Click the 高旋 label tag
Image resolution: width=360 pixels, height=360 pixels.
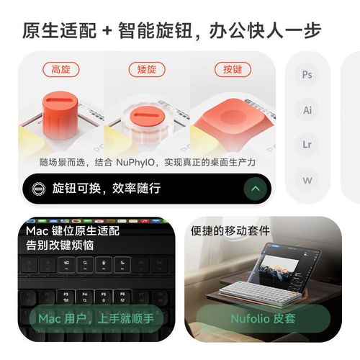[60, 69]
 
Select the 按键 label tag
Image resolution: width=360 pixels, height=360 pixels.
[232, 69]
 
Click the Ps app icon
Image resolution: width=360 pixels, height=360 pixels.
[307, 75]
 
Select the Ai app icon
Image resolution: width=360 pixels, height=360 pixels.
[307, 110]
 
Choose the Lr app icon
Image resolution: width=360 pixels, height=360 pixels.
[307, 145]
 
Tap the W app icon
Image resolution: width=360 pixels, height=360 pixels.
[307, 180]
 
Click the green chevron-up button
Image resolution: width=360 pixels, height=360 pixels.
[254, 189]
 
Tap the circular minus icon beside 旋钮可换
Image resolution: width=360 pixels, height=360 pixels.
[38, 189]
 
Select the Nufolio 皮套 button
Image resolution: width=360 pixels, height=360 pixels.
[264, 318]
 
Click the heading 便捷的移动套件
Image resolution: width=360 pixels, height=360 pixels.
[230, 231]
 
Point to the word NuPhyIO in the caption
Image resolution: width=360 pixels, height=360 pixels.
[139, 163]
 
